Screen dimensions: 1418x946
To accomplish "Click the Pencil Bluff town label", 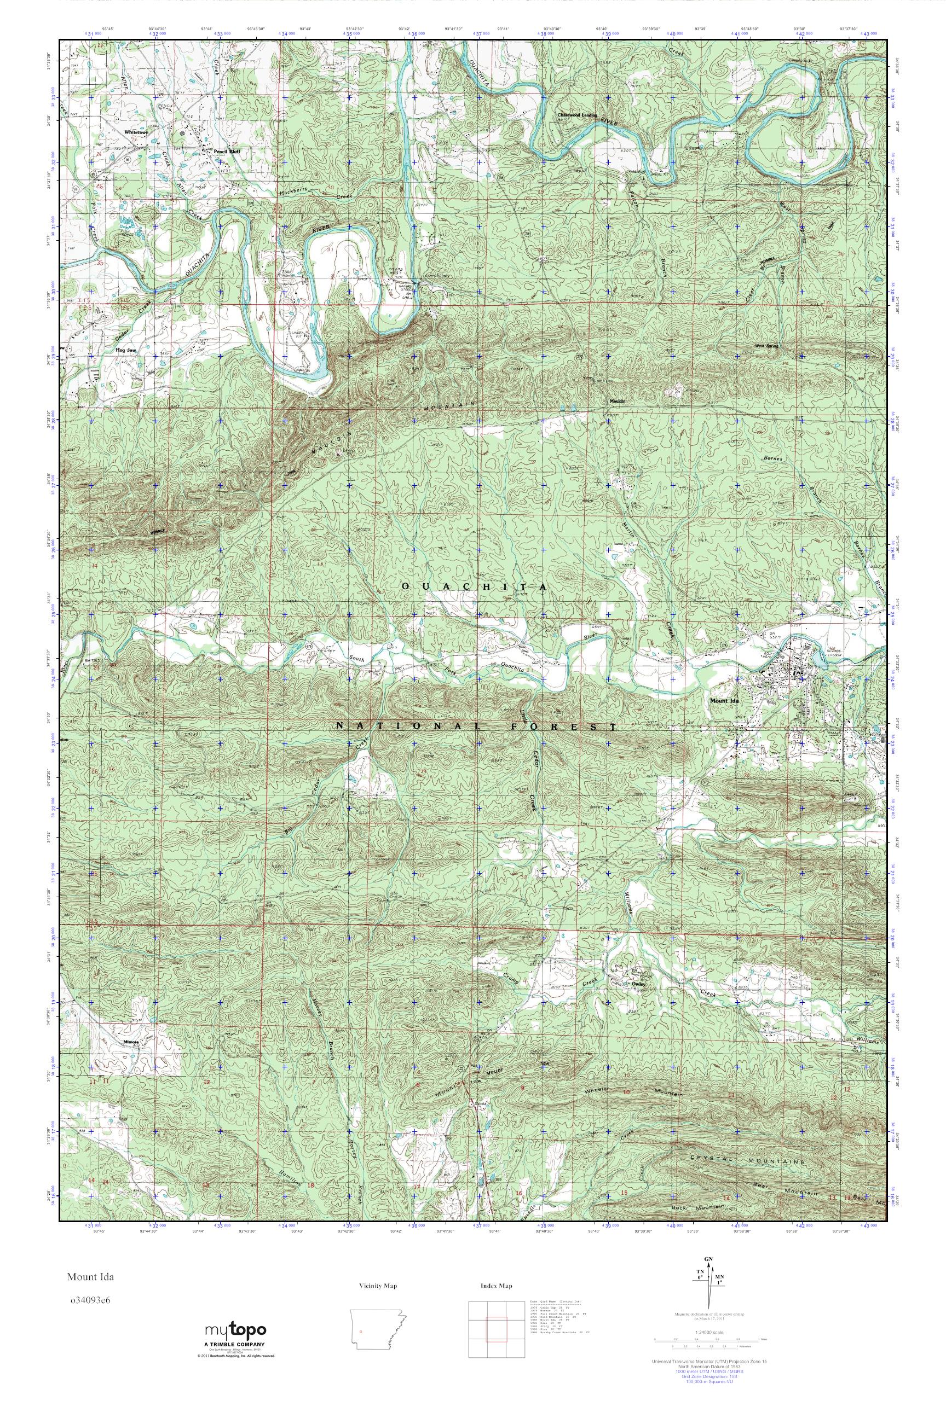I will [227, 152].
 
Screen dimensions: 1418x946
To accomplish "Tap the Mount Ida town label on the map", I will [724, 700].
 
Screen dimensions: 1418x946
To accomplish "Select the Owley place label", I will [639, 984].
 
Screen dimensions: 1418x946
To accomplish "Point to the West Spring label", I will [768, 346].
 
